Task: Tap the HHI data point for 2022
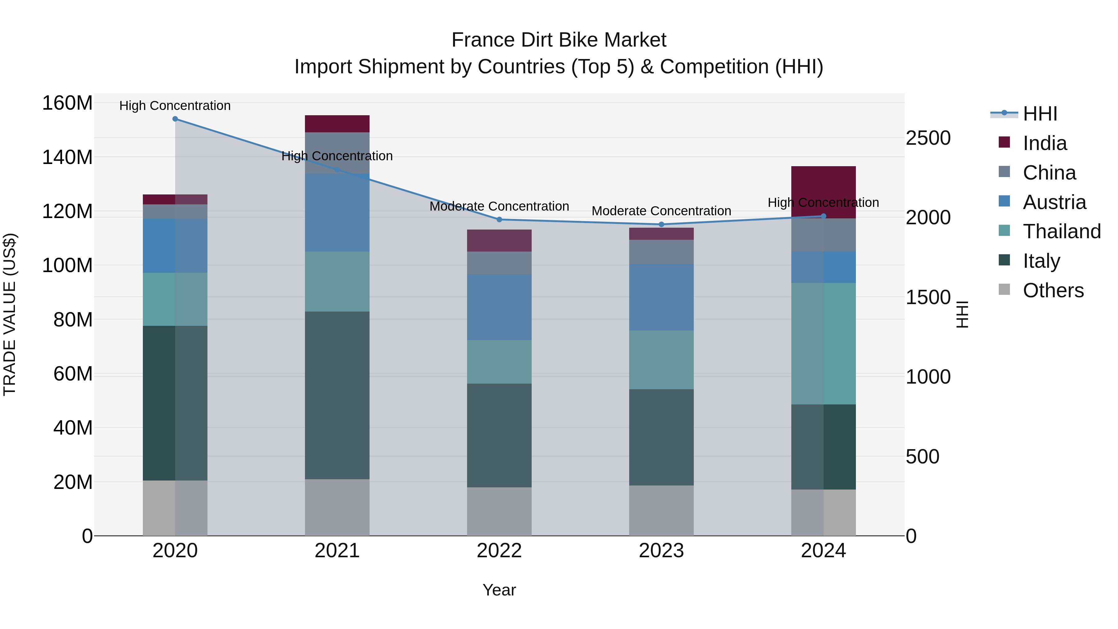coord(499,220)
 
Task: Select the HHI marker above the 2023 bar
coord(661,225)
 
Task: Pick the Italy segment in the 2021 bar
coord(337,395)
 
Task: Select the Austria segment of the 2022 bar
coord(499,307)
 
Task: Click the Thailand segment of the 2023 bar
coord(661,360)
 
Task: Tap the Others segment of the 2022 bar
coord(499,511)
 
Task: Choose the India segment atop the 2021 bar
coord(337,124)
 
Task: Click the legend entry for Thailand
coord(1061,231)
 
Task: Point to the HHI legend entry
coord(1039,114)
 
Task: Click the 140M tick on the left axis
coord(67,157)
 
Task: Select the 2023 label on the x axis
coord(661,551)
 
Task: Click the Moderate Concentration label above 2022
coord(499,206)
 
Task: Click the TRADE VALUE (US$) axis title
coord(10,314)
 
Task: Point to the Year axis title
coord(499,590)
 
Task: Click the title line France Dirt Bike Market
coord(559,40)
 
